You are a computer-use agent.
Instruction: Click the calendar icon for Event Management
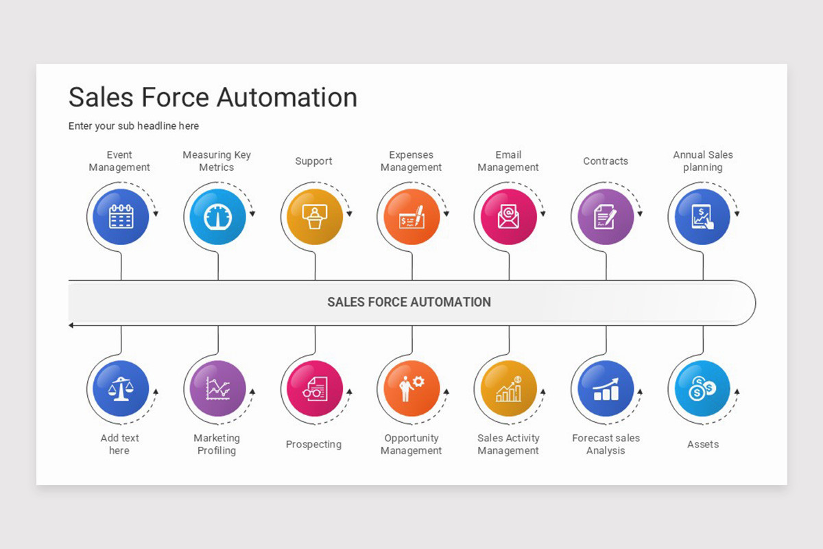click(121, 217)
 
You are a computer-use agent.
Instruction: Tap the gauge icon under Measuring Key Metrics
click(218, 217)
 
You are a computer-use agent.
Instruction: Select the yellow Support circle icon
click(315, 217)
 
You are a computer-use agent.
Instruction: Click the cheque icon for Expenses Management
click(412, 217)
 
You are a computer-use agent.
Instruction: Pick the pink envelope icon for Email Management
click(509, 217)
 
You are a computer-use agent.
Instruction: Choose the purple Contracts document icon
click(606, 217)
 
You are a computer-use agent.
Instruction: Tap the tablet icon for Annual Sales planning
click(702, 217)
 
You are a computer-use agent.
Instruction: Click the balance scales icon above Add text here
click(121, 388)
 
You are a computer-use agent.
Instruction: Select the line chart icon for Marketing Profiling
click(218, 388)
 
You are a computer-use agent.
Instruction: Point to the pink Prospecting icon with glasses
click(315, 388)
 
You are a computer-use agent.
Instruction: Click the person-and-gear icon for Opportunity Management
click(412, 388)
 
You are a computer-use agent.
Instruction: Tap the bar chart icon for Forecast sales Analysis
click(606, 388)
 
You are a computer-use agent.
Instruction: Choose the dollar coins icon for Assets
click(702, 388)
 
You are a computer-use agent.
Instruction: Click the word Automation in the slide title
click(287, 97)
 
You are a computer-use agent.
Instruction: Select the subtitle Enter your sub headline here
click(133, 126)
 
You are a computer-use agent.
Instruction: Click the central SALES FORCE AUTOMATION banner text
click(409, 302)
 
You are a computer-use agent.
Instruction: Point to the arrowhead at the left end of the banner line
click(71, 325)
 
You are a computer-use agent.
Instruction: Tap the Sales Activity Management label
click(508, 444)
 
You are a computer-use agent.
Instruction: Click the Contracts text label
click(606, 161)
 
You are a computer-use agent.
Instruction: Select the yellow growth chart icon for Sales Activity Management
click(509, 388)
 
